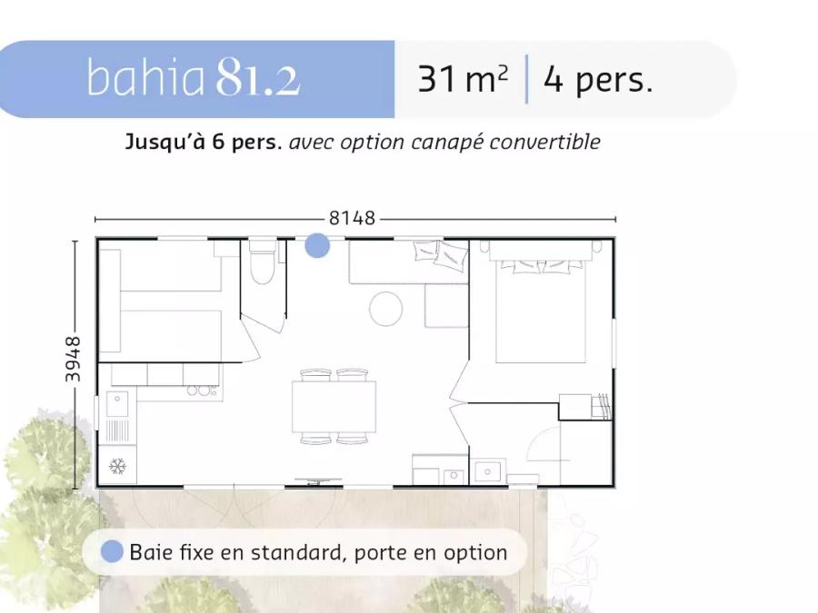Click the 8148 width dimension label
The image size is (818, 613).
coord(352,218)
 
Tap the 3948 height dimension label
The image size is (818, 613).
coord(73,359)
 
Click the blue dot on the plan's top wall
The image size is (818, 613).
coord(317,245)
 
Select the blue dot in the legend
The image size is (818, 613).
coord(112,551)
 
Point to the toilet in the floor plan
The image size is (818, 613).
coord(262,262)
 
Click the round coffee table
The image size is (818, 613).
coord(385,309)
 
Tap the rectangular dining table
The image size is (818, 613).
coord(334,407)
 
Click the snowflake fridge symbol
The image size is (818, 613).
coord(118,466)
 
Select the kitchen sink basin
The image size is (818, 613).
coord(117,404)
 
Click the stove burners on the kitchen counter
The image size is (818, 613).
coord(203,391)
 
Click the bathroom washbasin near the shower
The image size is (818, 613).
coord(487,471)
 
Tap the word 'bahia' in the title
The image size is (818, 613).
coord(145,77)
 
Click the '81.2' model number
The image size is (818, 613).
coord(258,77)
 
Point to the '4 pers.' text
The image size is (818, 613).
coord(598,80)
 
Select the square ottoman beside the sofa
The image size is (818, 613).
coord(446,305)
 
